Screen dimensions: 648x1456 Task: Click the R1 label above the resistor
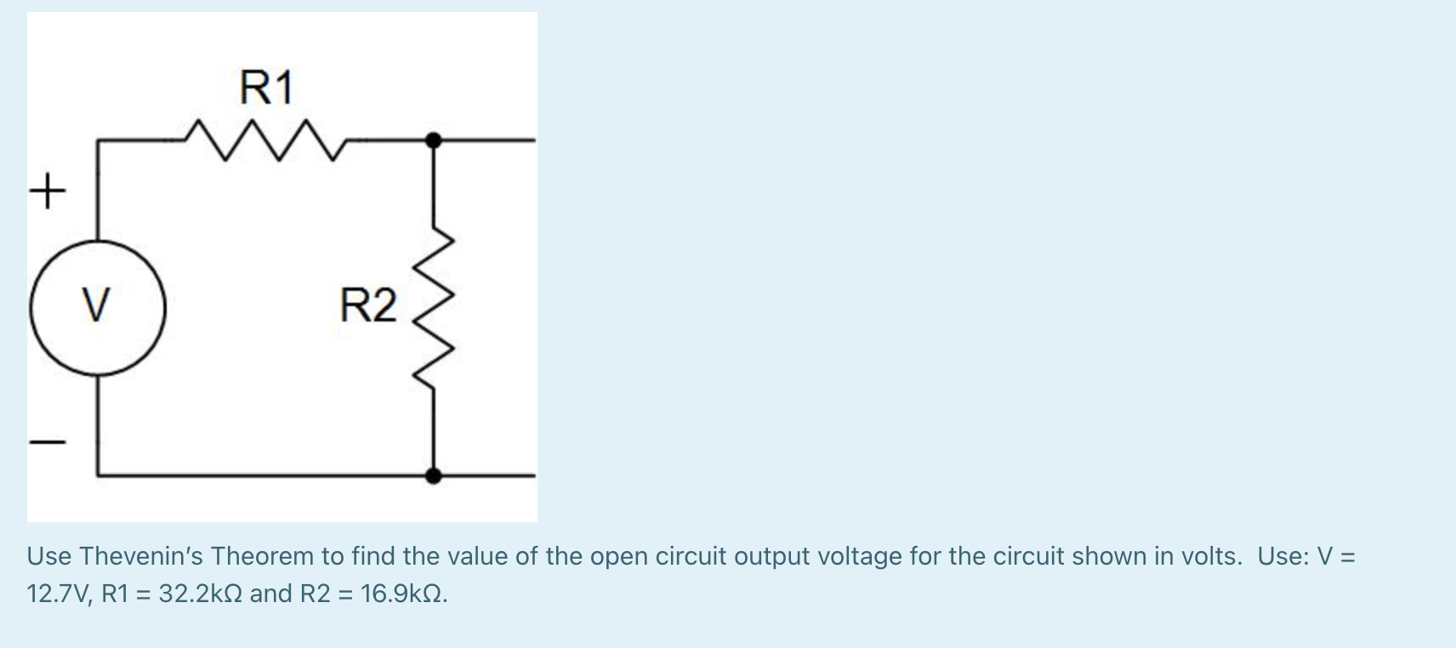point(266,88)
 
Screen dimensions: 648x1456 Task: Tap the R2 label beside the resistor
point(367,306)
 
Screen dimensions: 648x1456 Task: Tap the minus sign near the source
point(48,442)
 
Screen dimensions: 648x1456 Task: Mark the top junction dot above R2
point(434,139)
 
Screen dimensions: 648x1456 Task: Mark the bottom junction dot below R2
point(434,475)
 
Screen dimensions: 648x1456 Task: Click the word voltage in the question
point(860,556)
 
